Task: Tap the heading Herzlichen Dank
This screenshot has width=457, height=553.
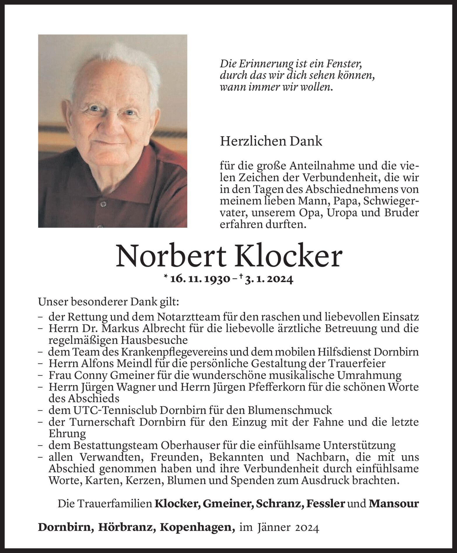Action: [x=271, y=141]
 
